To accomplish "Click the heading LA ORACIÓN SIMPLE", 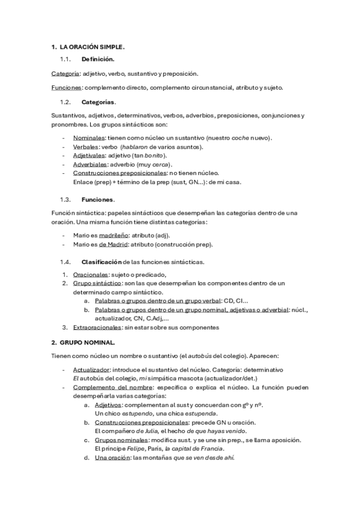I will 92,47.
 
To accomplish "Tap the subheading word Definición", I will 99,60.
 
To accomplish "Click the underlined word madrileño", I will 115,235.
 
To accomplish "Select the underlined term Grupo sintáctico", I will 96,283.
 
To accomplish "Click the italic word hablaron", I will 135,147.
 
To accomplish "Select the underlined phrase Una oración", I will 112,458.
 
